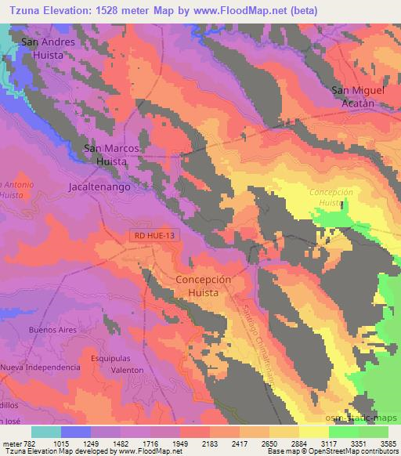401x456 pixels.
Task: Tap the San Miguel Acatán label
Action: tap(360, 96)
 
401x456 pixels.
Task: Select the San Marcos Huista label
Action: tap(111, 154)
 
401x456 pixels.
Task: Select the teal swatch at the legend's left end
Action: tap(46, 432)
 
